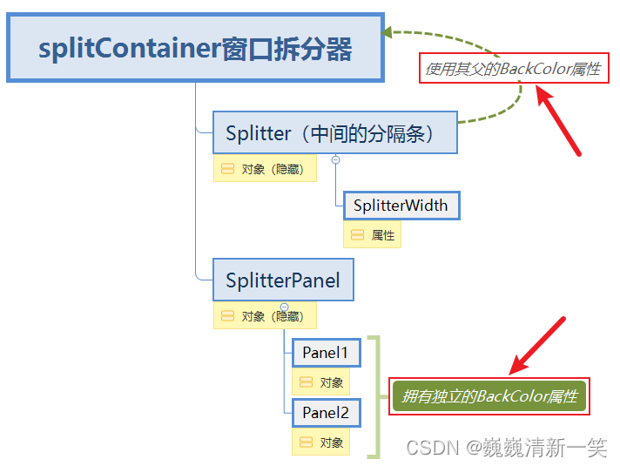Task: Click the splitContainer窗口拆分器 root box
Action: pos(195,47)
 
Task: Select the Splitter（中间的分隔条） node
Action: pos(335,133)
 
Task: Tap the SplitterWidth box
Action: pos(401,206)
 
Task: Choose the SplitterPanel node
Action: pos(283,280)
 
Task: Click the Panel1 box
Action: pos(326,353)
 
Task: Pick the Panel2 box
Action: pos(326,412)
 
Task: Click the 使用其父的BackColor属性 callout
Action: pos(513,69)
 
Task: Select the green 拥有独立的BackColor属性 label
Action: pos(489,396)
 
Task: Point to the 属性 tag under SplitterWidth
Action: pos(373,235)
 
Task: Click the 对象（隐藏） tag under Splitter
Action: pos(265,169)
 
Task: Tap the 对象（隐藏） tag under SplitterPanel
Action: pos(265,316)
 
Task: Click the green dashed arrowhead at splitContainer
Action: pos(389,34)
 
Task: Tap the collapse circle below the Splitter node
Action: pos(335,159)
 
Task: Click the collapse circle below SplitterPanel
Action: pos(284,307)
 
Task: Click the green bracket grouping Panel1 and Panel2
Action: pos(375,396)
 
